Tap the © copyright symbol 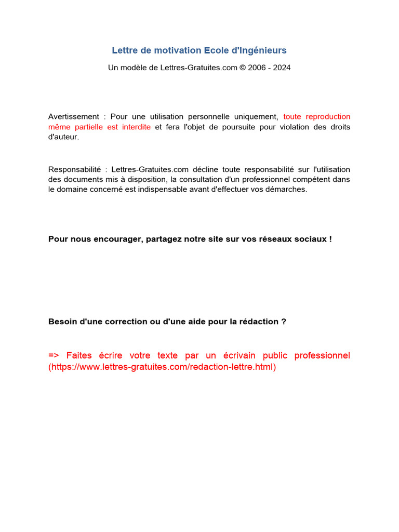243,68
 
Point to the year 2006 257,68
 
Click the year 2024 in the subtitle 281,68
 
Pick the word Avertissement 73,116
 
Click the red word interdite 136,127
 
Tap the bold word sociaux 311,239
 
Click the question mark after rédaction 284,322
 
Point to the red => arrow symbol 54,355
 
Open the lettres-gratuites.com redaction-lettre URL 162,367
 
